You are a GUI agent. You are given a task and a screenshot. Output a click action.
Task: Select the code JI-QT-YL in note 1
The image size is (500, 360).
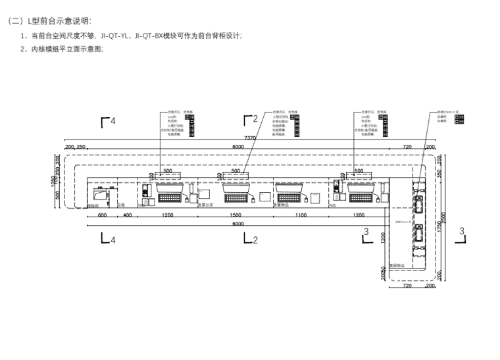(118, 36)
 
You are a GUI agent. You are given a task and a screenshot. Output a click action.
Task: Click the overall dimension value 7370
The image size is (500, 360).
(250, 138)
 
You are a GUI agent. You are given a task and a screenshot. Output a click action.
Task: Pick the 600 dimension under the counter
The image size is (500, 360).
(102, 215)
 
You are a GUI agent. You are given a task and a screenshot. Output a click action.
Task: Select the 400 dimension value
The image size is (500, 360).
(126, 215)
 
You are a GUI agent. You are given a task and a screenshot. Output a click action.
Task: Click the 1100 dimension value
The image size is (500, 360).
(301, 215)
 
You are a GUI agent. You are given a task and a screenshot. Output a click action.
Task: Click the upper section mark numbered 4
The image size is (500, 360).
(107, 122)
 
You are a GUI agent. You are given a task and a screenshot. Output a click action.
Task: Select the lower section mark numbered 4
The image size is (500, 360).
(107, 240)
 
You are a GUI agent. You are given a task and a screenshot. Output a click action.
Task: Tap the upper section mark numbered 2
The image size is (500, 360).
(250, 119)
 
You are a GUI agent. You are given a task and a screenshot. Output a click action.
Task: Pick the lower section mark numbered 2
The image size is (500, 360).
(250, 240)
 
